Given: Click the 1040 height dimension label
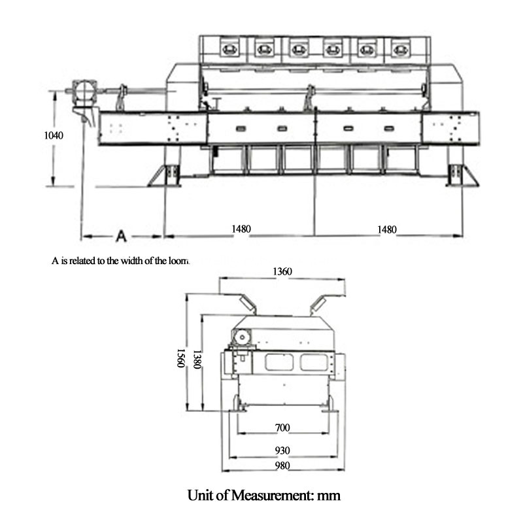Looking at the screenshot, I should pos(54,136).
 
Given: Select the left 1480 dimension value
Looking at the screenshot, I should pos(241,229).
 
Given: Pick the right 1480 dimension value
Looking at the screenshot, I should pos(388,229).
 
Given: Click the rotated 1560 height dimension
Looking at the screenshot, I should pos(179,357).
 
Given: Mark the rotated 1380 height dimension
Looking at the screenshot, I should pos(195,357).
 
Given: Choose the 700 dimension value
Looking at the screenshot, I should pos(282,428).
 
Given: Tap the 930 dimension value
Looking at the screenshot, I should pos(282,451).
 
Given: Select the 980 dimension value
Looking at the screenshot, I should pos(282,466).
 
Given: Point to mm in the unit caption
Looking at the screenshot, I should pos(329,495).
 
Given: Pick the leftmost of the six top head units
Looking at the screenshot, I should pos(229,48).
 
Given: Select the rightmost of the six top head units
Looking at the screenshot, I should pos(401,48).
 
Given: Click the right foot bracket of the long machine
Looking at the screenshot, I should pos(455,176).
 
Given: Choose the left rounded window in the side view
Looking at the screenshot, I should pos(280,362).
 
